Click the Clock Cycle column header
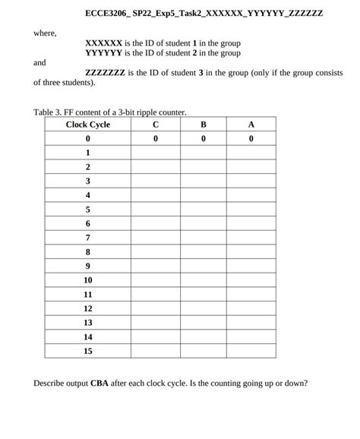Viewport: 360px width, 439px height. pyautogui.click(x=88, y=125)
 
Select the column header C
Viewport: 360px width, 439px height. pyautogui.click(x=156, y=125)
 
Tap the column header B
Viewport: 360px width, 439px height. pyautogui.click(x=204, y=125)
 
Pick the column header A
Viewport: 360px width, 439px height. pyautogui.click(x=251, y=125)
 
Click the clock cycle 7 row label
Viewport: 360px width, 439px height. pyautogui.click(x=88, y=238)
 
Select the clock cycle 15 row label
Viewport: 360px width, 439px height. pyautogui.click(x=88, y=351)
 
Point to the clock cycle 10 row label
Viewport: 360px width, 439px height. pyautogui.click(x=88, y=280)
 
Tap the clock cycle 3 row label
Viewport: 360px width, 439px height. pyautogui.click(x=88, y=181)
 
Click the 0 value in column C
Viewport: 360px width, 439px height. pyautogui.click(x=156, y=139)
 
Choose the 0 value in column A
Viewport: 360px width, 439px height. pyautogui.click(x=251, y=139)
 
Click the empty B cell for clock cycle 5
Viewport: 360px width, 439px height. pyautogui.click(x=204, y=210)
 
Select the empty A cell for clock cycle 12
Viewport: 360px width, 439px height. pyautogui.click(x=251, y=308)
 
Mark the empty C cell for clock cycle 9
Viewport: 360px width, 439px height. pyautogui.click(x=156, y=266)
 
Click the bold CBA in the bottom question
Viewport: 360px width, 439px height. pyautogui.click(x=100, y=383)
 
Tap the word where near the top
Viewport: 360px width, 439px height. pyautogui.click(x=45, y=33)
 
